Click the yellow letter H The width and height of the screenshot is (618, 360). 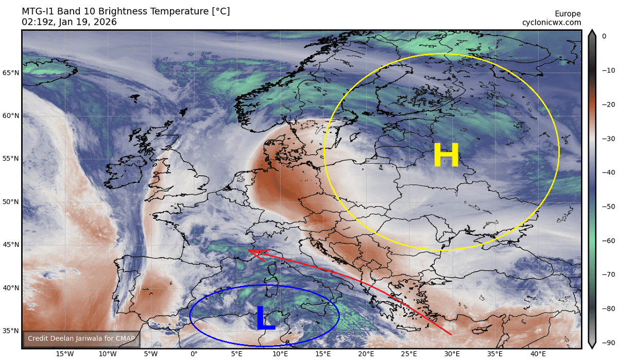click(446, 156)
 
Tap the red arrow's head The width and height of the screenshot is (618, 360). click(251, 250)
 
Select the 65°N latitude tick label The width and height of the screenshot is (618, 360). click(11, 73)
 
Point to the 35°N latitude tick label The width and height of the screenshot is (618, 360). click(11, 331)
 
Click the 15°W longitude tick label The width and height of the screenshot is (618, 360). click(64, 354)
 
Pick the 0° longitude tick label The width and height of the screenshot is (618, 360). click(194, 354)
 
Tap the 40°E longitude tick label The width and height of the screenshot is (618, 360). click(539, 354)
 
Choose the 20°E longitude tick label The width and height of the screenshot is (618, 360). click(366, 354)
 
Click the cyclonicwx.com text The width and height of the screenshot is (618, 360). click(552, 22)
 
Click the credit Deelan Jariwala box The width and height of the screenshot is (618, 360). click(81, 338)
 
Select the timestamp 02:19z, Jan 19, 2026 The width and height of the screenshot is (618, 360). click(69, 22)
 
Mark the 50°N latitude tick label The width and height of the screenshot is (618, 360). click(11, 201)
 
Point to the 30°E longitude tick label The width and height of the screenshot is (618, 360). click(453, 354)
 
